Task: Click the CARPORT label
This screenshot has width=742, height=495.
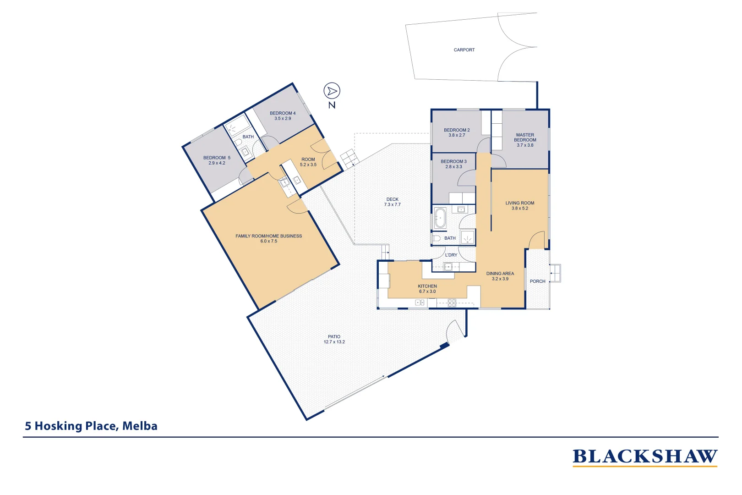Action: coord(464,50)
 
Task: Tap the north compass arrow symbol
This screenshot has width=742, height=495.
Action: coord(332,91)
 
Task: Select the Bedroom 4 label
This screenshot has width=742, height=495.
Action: coord(283,113)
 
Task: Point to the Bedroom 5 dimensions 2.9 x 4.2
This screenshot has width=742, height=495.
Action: coord(217,163)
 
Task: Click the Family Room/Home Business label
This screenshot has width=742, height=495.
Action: coord(268,236)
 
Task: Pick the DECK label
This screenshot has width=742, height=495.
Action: coord(392,199)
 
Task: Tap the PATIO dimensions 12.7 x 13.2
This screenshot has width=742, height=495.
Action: coord(334,342)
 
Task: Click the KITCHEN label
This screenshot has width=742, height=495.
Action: coord(427,286)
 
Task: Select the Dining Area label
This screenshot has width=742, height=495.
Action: coord(500,274)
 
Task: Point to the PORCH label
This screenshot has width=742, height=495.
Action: coord(537,281)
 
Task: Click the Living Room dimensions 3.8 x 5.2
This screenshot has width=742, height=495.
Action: coord(519,209)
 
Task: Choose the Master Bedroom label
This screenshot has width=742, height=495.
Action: coord(525,137)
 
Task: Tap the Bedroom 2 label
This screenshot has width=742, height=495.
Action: coord(457,130)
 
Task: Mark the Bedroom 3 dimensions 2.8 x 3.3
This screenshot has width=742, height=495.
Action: coord(453,167)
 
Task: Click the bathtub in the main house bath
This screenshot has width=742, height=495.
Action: coord(440,218)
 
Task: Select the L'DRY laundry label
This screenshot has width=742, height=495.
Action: coord(451,255)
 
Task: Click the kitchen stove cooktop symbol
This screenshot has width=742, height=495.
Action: coord(452,302)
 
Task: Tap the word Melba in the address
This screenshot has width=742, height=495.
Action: coord(140,426)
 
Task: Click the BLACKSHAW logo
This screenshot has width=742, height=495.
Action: coord(644,457)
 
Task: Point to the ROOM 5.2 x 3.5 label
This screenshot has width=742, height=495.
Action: coord(308,162)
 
